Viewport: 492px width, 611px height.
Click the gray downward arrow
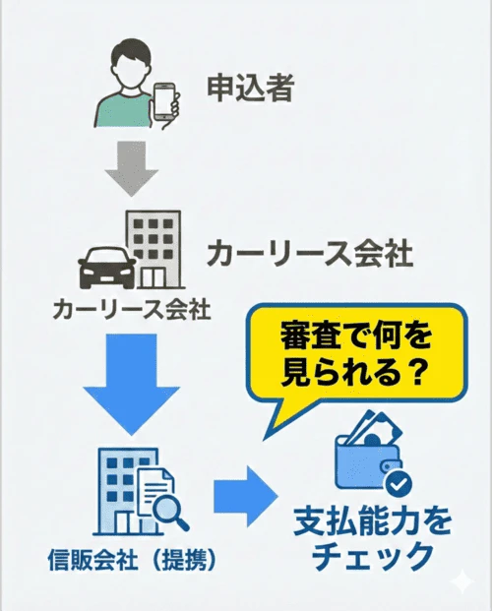pyautogui.click(x=134, y=166)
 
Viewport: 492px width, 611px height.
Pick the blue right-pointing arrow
pyautogui.click(x=243, y=490)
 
